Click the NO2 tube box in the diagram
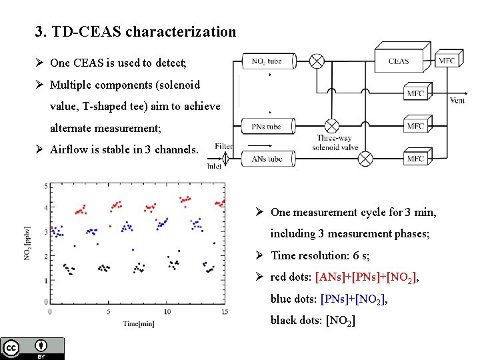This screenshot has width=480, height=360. [267, 61]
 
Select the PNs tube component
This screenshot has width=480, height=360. [267, 126]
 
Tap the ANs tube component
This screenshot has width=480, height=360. [267, 159]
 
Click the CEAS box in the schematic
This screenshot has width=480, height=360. [399, 61]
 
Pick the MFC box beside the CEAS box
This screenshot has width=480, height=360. [447, 61]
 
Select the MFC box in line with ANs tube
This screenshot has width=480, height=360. [415, 159]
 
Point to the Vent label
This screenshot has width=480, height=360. [457, 101]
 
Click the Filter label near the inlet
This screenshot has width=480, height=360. [224, 146]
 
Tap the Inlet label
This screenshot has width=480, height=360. [215, 167]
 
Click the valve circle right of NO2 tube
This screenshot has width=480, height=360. [317, 61]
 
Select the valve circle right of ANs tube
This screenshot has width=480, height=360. [365, 159]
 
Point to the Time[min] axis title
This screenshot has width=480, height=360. [139, 324]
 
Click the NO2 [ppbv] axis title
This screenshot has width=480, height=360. [29, 244]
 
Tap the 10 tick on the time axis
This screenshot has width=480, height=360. [167, 312]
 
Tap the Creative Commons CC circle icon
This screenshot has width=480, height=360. [11, 347]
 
